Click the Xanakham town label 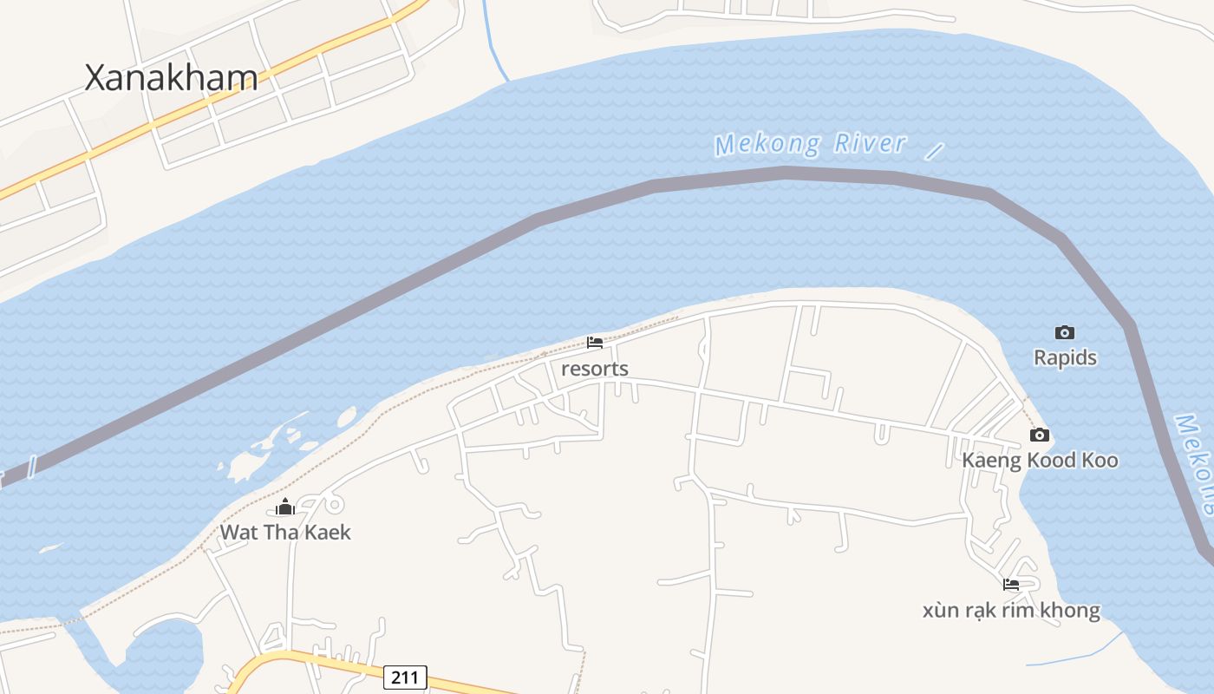tap(171, 78)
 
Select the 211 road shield tap(405, 677)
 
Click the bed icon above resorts tap(595, 343)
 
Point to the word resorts tap(595, 369)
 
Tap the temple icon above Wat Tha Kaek tap(285, 507)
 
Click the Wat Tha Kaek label tap(285, 532)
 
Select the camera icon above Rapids tap(1065, 332)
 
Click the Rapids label tap(1065, 357)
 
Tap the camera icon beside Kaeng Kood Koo tap(1040, 435)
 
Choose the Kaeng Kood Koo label tap(1040, 460)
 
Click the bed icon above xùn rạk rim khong tap(1011, 585)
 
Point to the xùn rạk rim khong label tap(1011, 610)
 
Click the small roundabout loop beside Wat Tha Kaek tap(333, 503)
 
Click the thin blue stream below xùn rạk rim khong tap(1075, 657)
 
